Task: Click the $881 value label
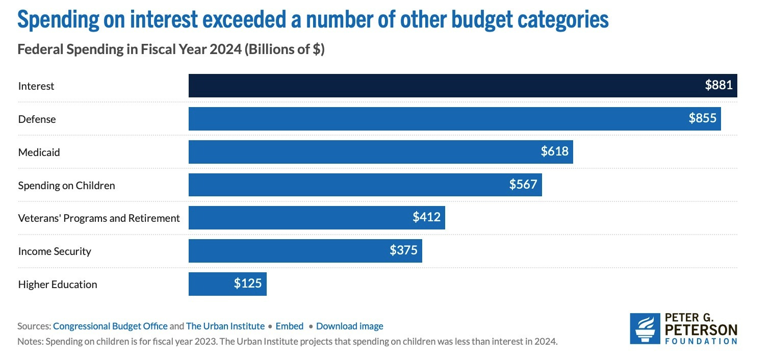(718, 86)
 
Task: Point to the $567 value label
(523, 185)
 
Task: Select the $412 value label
(426, 218)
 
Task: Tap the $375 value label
(403, 251)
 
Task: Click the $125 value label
(248, 284)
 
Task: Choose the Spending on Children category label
(66, 186)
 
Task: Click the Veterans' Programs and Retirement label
(99, 218)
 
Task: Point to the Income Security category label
(55, 251)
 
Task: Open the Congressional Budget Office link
(110, 326)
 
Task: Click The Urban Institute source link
(225, 326)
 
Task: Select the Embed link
(290, 326)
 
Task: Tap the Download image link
(350, 326)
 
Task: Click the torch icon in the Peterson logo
(645, 328)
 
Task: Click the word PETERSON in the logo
(701, 329)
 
